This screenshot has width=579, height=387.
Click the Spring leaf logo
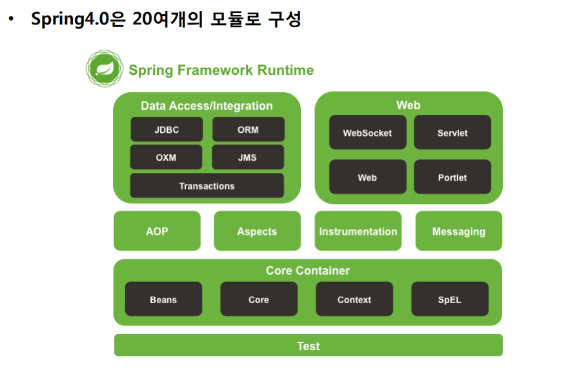[x=105, y=68]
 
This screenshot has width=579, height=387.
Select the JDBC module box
[x=167, y=130]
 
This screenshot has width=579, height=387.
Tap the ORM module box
[x=248, y=130]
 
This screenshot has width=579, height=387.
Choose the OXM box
[x=166, y=157]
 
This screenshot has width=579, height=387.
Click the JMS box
[x=247, y=157]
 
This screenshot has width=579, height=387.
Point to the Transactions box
[x=207, y=186]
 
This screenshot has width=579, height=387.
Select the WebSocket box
[x=367, y=132]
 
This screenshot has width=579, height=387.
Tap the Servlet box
[x=452, y=132]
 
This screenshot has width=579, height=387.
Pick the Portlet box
[x=452, y=177]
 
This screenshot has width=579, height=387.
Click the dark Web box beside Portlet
[x=367, y=177]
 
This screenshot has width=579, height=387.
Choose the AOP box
[x=157, y=231]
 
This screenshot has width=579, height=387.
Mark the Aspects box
[x=257, y=231]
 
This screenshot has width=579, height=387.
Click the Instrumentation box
[x=358, y=231]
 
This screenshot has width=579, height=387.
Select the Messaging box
[x=459, y=231]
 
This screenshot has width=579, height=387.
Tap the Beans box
[x=163, y=299]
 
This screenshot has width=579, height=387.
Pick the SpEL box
[x=450, y=299]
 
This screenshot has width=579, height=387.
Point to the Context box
[x=354, y=299]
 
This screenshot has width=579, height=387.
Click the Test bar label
[x=309, y=346]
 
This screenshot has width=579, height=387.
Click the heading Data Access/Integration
[x=207, y=106]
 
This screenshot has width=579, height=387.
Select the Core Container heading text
[x=308, y=270]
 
